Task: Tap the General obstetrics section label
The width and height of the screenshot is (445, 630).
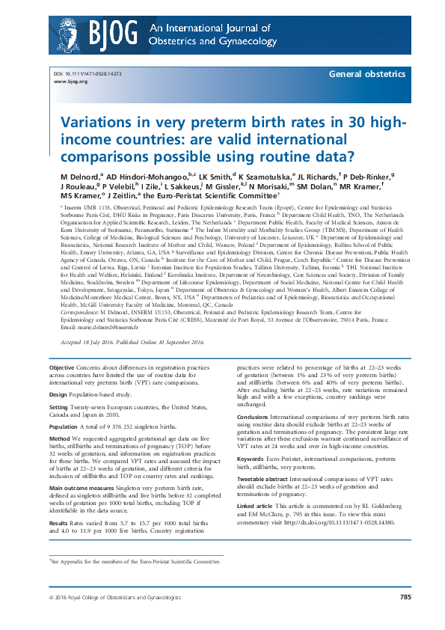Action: pyautogui.click(x=369, y=76)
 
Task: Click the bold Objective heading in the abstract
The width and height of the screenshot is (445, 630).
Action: pyautogui.click(x=61, y=369)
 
